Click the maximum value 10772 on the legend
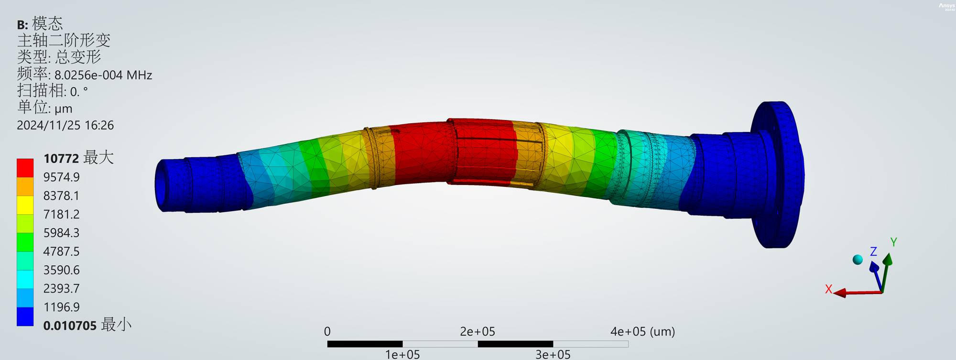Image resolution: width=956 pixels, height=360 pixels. (62, 158)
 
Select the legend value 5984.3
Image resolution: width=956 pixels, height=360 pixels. (61, 233)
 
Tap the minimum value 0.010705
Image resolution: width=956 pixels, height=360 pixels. (70, 326)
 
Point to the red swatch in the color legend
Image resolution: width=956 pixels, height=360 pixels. (25, 168)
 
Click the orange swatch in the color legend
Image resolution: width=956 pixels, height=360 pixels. (25, 186)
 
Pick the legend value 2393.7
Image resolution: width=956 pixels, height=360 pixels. (61, 288)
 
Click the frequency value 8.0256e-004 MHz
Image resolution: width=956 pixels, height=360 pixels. (103, 75)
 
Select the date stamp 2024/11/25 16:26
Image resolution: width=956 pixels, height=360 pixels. (65, 125)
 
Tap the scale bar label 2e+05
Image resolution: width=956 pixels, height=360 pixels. (478, 331)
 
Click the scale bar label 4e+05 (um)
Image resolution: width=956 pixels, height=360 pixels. (642, 331)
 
